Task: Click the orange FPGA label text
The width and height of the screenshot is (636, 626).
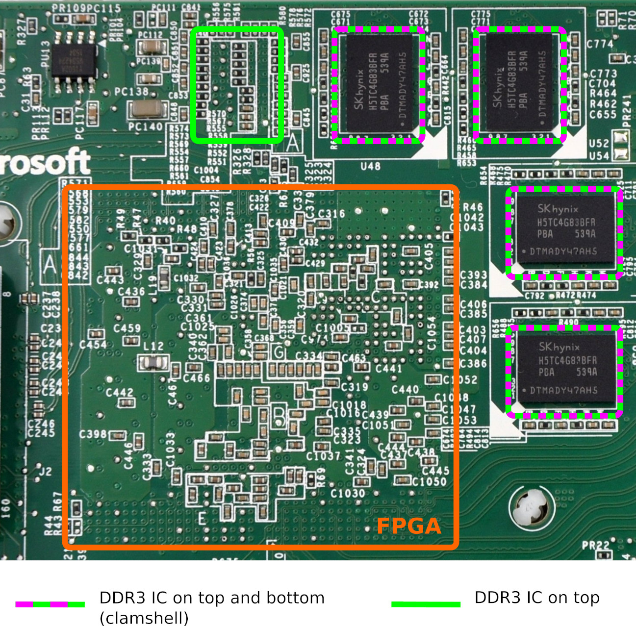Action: (x=409, y=526)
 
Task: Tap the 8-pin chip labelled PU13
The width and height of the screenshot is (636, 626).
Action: (x=74, y=61)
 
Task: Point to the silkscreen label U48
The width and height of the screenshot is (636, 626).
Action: (x=370, y=166)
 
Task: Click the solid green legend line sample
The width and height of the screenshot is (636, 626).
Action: (x=426, y=604)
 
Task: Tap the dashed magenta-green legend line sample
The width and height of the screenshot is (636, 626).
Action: (x=50, y=604)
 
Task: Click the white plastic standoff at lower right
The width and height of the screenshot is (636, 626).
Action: (x=532, y=509)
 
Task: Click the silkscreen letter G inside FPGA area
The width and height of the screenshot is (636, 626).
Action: (x=279, y=352)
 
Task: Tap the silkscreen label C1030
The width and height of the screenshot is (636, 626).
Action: (x=348, y=493)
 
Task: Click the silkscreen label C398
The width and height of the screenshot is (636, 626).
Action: (x=93, y=434)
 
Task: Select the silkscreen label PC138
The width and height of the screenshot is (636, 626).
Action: (x=131, y=92)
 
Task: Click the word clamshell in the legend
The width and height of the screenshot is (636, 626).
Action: (x=144, y=618)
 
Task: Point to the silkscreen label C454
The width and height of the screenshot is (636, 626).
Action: (x=93, y=345)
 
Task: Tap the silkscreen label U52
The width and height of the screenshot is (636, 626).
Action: (x=599, y=144)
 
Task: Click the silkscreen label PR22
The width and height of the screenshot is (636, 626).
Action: (x=596, y=545)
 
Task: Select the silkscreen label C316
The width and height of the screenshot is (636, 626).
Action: (x=331, y=214)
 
